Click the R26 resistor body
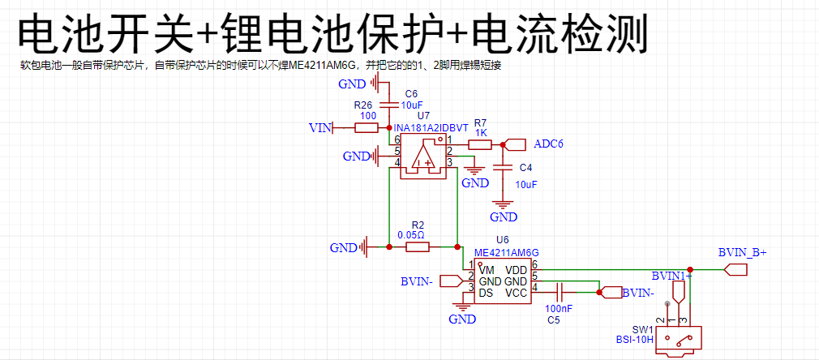pos(367,127)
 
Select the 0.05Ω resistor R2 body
pos(418,247)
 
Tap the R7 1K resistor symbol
pos(479,145)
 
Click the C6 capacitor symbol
pos(388,104)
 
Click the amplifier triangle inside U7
pos(423,154)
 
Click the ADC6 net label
pos(548,144)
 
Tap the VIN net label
pos(320,127)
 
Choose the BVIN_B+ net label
pos(742,253)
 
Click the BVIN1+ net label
pos(671,276)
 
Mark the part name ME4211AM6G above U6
pos(507,252)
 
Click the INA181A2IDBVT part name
pos(431,129)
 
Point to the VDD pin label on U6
pos(516,270)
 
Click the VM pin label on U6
pos(487,270)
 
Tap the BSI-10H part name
pos(635,340)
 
